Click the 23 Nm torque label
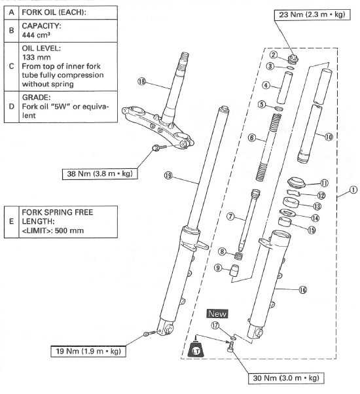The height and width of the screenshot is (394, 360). click(312, 14)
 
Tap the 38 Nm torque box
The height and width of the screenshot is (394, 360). click(99, 174)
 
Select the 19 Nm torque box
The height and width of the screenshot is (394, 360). click(88, 351)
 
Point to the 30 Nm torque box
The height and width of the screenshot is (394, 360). click(286, 378)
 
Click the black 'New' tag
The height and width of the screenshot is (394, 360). click(217, 314)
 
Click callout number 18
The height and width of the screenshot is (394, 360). click(141, 81)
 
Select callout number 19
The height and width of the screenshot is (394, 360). click(168, 175)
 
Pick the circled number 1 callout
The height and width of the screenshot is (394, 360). click(353, 190)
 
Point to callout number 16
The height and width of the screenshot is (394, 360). click(303, 290)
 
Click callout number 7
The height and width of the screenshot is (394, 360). click(230, 217)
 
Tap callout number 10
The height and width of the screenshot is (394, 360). click(329, 137)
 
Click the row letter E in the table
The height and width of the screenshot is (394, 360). click(11, 221)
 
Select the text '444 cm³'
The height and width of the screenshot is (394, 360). click(36, 35)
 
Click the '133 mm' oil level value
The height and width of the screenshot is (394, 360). click(37, 58)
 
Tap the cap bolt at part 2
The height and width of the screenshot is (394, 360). click(293, 60)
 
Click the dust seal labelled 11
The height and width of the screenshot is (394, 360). click(297, 183)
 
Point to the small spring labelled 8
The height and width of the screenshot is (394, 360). click(239, 257)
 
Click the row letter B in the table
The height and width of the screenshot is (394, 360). click(11, 30)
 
